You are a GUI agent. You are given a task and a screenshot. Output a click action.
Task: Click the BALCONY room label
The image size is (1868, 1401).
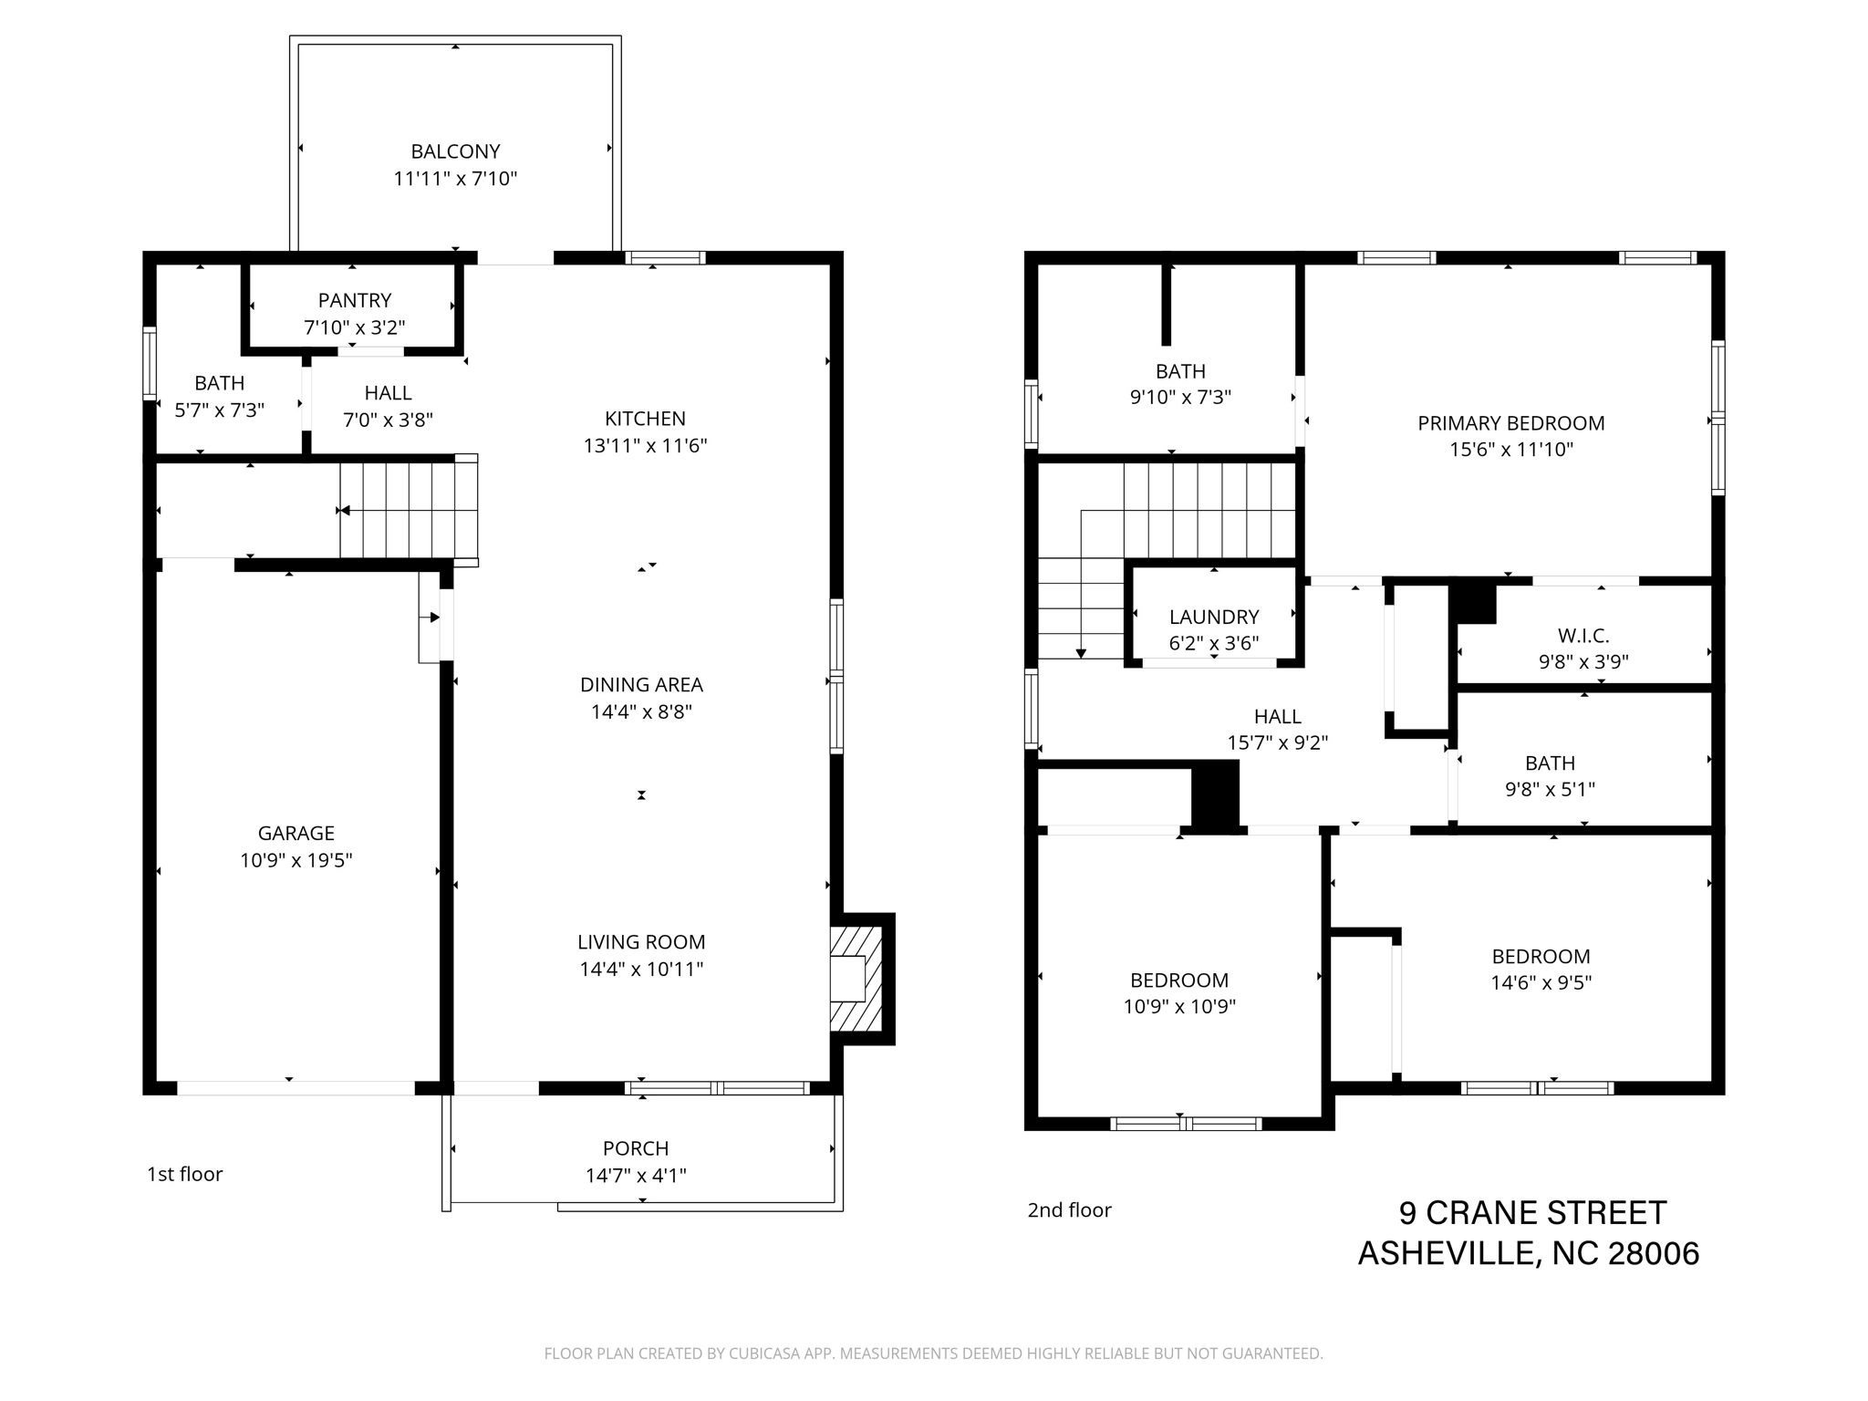[x=455, y=151]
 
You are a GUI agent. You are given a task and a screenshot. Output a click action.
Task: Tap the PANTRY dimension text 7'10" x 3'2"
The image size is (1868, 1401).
[x=355, y=327]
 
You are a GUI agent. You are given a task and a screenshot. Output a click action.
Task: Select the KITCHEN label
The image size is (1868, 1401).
[x=645, y=419]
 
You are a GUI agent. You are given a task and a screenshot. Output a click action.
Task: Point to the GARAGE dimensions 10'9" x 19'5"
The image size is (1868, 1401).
[x=296, y=860]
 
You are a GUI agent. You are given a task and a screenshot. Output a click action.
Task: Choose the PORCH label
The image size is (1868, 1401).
[x=636, y=1148]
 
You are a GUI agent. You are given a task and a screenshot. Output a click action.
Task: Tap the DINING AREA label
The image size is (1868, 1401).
[x=641, y=685]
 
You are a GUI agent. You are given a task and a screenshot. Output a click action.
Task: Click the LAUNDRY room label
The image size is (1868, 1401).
[x=1214, y=617]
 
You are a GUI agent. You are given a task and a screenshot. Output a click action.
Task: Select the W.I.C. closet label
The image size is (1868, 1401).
[x=1583, y=635]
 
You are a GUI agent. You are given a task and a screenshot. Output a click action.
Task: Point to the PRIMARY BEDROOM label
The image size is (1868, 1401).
[x=1511, y=423]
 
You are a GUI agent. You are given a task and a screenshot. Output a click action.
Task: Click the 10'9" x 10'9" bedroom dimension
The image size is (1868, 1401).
[x=1179, y=1007]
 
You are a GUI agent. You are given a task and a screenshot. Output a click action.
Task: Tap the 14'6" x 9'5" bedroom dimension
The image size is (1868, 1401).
[x=1541, y=982]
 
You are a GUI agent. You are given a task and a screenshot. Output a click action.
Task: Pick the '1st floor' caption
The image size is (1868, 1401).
[x=185, y=1174]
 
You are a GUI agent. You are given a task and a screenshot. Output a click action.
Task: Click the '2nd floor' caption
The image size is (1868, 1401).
[x=1070, y=1210]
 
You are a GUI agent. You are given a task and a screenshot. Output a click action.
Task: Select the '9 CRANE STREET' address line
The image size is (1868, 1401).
[x=1533, y=1213]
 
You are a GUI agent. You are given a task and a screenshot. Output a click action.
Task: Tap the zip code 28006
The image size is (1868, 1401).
[x=1654, y=1254]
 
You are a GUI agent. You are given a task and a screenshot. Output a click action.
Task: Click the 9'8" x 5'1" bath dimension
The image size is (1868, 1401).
[x=1551, y=789]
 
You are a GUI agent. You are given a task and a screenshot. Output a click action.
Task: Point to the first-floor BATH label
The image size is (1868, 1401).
[x=220, y=383]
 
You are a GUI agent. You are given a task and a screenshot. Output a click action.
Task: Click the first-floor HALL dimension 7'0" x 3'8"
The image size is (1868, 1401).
[x=388, y=420]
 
